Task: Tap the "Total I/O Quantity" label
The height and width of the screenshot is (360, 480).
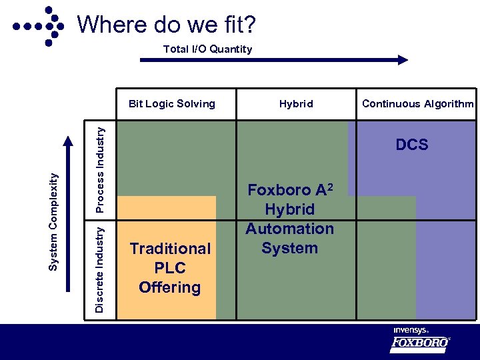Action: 208,49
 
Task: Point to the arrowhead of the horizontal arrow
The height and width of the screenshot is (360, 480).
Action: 402,59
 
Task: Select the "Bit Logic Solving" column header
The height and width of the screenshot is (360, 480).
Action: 172,103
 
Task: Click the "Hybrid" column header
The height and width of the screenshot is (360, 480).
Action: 296,103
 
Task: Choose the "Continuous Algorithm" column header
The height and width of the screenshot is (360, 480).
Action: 418,103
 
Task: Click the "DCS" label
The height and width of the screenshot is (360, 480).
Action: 412,145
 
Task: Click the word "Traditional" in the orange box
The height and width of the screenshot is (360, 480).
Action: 170,249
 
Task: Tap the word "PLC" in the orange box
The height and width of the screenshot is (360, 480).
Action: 169,268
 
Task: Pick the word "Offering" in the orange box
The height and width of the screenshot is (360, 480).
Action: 169,287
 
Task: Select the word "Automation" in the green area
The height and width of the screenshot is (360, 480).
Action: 289,229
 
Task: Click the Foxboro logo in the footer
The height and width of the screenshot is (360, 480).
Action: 419,344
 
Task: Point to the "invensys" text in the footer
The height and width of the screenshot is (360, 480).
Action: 411,330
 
